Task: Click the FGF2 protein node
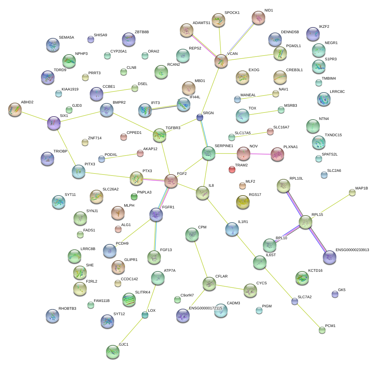point(171,181)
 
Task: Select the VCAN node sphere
point(221,61)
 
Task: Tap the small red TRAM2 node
point(232,169)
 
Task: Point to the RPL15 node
point(305,222)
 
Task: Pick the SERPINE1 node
point(208,153)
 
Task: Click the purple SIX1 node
point(54,123)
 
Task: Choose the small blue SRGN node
point(200,117)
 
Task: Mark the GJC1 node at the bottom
point(112,352)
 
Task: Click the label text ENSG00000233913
point(352,250)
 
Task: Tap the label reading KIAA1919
point(70,89)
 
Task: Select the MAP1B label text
point(362,188)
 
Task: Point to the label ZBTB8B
point(142,32)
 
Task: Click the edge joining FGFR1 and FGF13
point(155,236)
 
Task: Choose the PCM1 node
point(322,330)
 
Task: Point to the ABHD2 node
point(15,109)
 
